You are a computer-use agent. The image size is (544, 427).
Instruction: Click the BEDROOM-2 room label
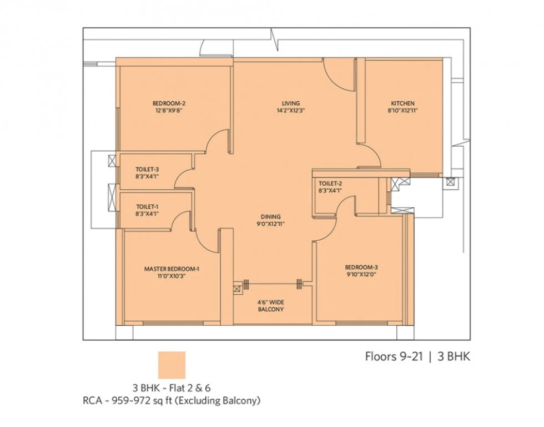pos(169,103)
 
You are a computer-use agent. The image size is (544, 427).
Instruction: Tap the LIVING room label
pos(291,103)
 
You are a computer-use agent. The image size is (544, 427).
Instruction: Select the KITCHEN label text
pos(402,103)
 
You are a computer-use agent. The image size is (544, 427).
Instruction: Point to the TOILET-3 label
pos(147,169)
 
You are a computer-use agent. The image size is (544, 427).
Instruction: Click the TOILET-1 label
pos(147,206)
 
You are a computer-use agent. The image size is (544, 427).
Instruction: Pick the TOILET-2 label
pos(330,183)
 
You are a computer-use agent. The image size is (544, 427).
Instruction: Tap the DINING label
pos(271,216)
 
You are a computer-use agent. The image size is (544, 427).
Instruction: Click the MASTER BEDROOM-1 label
pos(172,269)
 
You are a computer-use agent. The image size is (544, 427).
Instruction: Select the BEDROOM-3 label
pos(361,267)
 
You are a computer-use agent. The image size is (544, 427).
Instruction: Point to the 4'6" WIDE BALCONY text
pos(271,306)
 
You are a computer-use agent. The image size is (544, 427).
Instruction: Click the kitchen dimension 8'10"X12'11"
pos(402,111)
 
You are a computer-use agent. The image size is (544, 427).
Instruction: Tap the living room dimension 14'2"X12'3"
pos(291,111)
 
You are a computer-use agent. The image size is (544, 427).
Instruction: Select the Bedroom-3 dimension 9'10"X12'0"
pos(361,275)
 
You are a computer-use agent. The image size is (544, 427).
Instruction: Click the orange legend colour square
pos(172,365)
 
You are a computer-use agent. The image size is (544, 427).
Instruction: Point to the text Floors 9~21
pos(394,356)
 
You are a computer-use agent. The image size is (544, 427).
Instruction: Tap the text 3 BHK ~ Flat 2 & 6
pos(172,388)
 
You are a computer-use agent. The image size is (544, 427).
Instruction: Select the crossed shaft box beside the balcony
pos(238,289)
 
